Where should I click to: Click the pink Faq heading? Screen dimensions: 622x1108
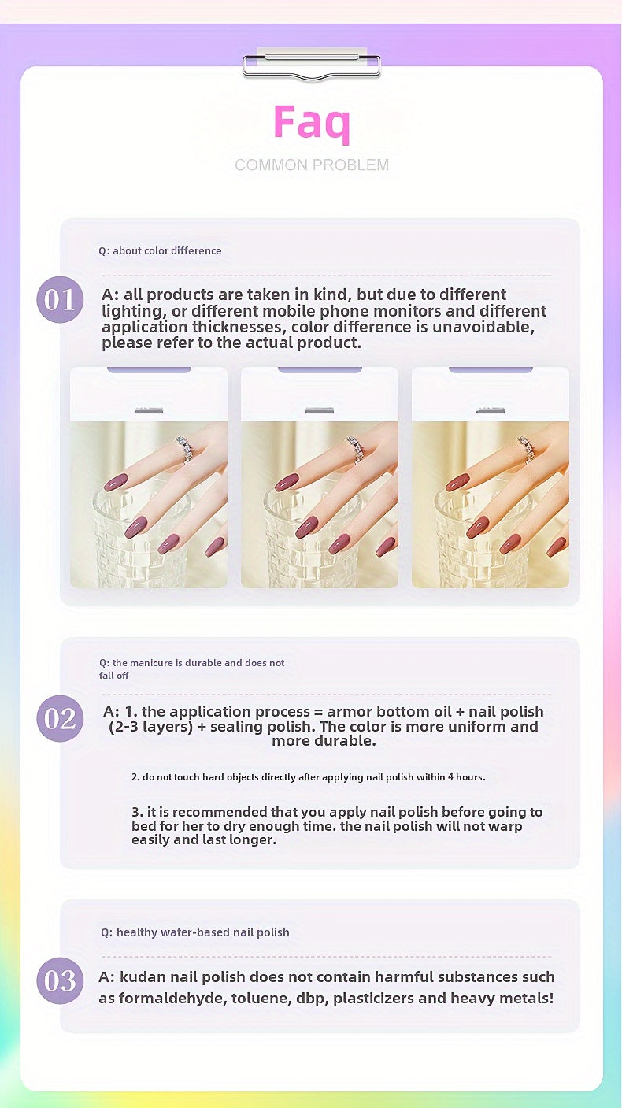pos(312,122)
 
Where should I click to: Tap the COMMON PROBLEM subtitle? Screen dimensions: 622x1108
pos(312,165)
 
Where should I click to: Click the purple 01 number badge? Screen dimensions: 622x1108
pos(60,300)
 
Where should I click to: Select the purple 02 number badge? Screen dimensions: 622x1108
pos(60,718)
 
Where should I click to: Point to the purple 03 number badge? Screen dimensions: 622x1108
pos(60,980)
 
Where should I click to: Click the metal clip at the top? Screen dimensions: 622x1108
pos(312,66)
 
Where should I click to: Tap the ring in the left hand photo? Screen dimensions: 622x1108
pos(183,448)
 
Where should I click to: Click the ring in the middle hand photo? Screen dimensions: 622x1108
pos(354,448)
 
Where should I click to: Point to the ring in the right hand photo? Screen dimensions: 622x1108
pos(526,448)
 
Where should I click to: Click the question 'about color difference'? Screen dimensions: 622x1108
pos(160,250)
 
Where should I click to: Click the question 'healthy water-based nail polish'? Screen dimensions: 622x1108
pos(194,932)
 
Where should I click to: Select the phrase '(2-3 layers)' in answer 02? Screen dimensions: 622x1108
pos(150,727)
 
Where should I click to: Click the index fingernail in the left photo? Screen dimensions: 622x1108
pos(115,482)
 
